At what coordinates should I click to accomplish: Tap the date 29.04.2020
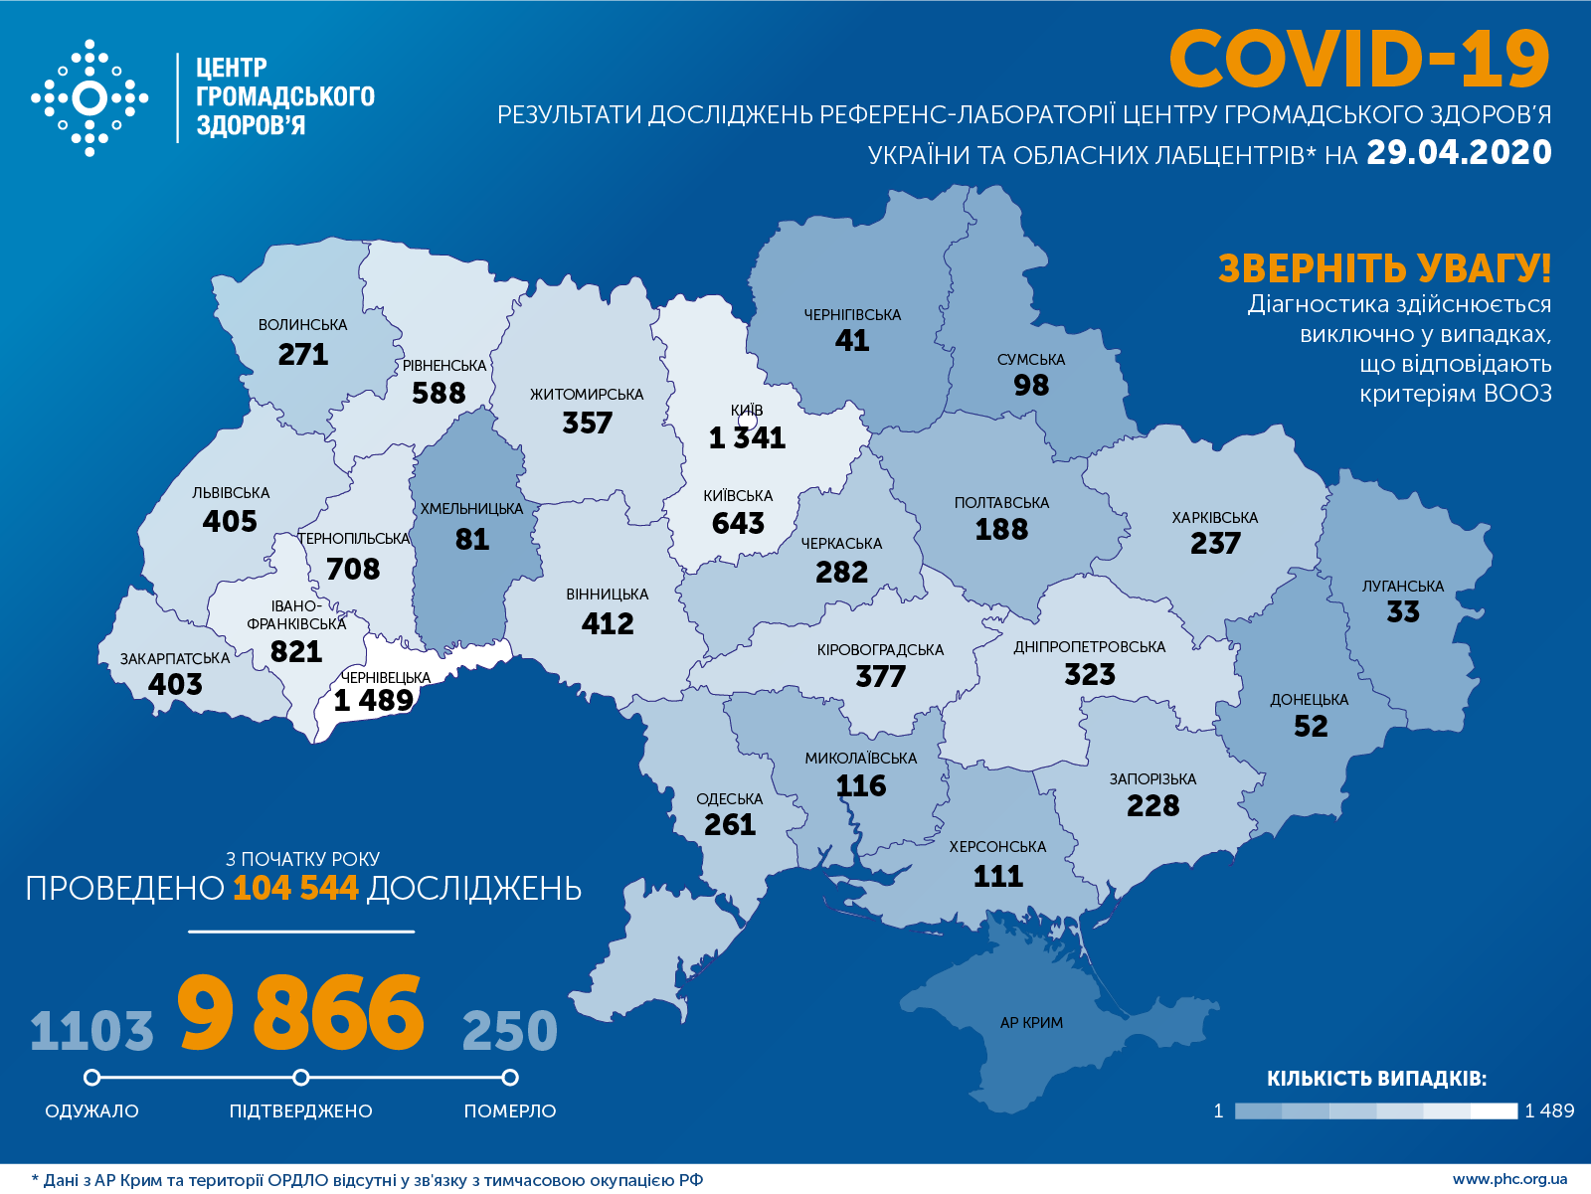1458,152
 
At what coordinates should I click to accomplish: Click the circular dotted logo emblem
89,98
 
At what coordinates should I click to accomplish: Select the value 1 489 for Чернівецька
373,701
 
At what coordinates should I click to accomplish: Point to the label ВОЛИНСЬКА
302,325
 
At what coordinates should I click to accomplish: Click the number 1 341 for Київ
747,437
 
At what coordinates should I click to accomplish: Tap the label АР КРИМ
1031,1023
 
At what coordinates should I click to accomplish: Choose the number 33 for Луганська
1402,612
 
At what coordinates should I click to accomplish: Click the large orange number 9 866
300,1014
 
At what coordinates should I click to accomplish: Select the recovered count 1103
91,1031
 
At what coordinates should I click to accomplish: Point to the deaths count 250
509,1031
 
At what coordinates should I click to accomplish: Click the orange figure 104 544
295,888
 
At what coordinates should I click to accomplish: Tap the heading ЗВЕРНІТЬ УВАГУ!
1383,268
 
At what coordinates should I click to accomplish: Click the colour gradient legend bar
1375,1110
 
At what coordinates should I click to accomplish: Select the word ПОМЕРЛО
509,1111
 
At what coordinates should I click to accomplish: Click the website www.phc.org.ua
1509,1179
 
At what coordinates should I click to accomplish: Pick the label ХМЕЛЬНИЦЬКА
471,509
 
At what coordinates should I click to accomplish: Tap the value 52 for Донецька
1310,727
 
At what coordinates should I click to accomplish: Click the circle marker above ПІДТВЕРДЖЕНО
301,1078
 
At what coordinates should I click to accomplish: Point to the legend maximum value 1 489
1549,1110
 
